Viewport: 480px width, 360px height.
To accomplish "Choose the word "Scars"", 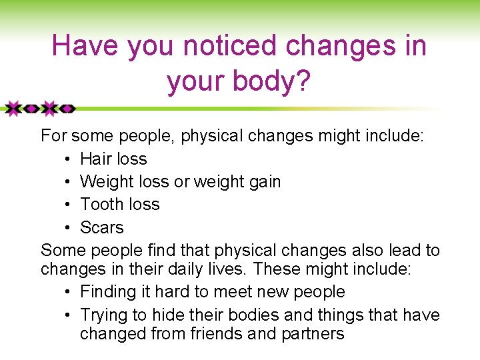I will pyautogui.click(x=102, y=227).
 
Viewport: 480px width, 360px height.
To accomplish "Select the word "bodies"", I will pyautogui.click(x=255, y=315).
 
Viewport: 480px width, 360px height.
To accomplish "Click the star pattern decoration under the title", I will pyautogui.click(x=38, y=108).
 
